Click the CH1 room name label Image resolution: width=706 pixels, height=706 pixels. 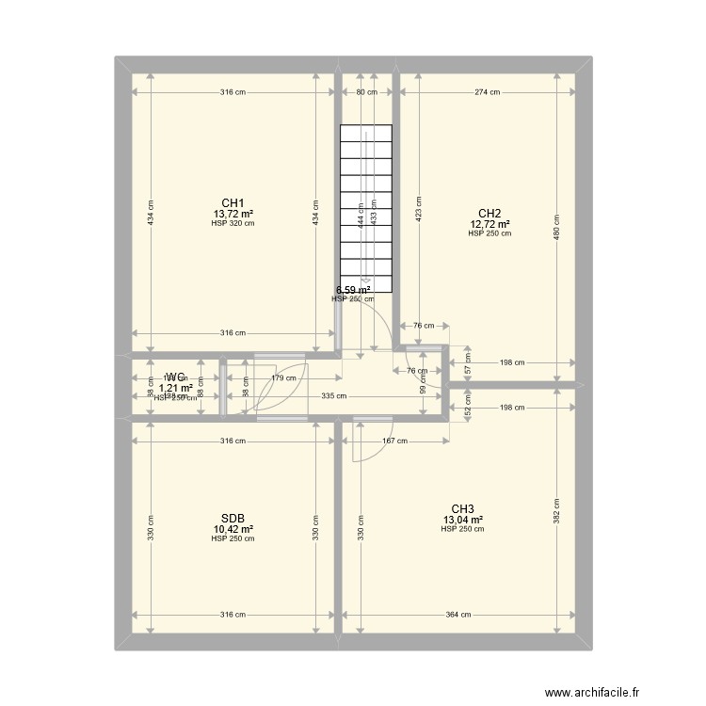click(x=233, y=203)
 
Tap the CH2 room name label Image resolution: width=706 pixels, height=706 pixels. click(x=489, y=213)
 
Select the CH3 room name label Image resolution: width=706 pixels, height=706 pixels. click(x=462, y=508)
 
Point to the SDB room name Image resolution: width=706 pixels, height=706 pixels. click(x=233, y=519)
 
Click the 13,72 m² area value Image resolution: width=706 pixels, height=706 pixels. click(x=233, y=215)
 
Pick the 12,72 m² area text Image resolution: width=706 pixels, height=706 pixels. click(x=489, y=224)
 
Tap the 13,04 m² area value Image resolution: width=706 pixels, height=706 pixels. click(x=462, y=520)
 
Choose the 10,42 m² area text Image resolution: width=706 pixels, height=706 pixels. click(x=233, y=529)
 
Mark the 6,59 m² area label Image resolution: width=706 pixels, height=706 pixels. click(x=353, y=290)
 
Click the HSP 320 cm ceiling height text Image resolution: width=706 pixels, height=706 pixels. click(x=233, y=224)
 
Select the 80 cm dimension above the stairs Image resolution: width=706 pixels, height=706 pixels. click(x=366, y=92)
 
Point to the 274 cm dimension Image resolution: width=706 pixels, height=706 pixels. click(x=488, y=92)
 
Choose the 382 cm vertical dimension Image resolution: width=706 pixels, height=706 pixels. click(x=556, y=509)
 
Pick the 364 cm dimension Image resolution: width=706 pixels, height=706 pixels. click(x=458, y=615)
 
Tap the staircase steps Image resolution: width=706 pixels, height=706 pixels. click(x=365, y=212)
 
